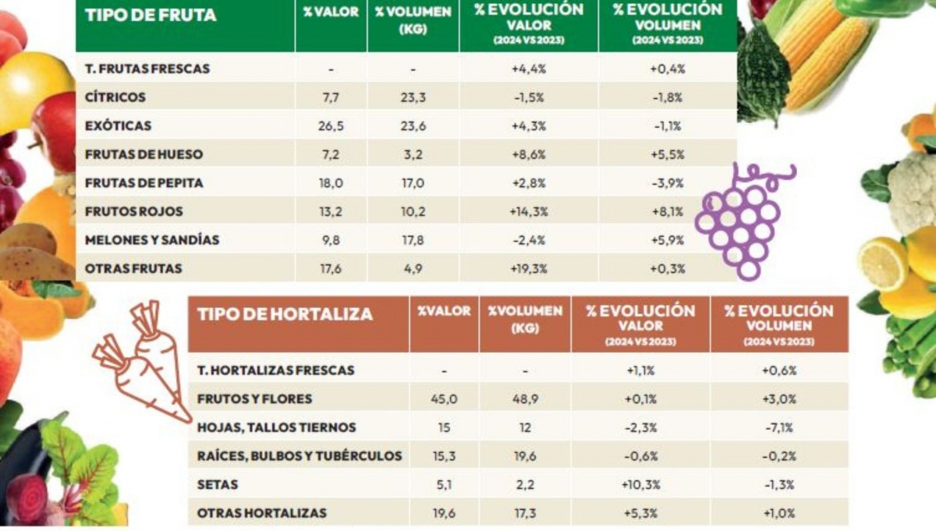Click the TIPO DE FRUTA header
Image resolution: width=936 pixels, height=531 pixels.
(150, 16)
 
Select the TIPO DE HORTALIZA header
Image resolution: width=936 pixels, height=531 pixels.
(285, 315)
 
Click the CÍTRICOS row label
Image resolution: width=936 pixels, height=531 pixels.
(115, 97)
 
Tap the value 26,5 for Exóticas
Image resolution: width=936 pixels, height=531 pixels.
(331, 126)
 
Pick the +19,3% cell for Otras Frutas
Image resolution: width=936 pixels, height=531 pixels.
(528, 269)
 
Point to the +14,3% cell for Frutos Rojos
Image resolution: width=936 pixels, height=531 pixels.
(528, 211)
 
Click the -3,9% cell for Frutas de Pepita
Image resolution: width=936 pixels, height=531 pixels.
(667, 183)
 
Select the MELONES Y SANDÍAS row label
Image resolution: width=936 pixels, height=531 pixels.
(152, 240)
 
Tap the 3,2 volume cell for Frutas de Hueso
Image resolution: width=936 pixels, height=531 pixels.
(413, 154)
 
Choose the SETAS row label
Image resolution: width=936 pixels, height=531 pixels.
(218, 485)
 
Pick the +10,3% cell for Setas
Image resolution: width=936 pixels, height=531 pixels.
(640, 485)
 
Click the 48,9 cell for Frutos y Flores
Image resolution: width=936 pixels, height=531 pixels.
(524, 399)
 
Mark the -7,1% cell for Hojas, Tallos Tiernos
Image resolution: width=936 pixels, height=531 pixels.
(778, 428)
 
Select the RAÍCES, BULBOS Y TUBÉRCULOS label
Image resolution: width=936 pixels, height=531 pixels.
(300, 456)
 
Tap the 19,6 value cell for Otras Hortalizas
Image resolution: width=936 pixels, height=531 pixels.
(443, 514)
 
